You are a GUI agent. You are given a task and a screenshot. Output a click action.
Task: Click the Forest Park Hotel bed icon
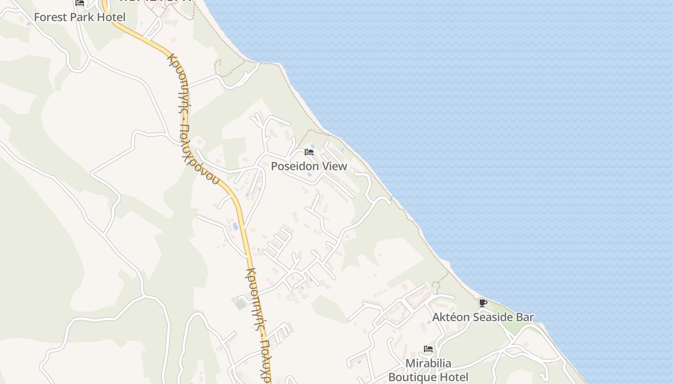(80, 2)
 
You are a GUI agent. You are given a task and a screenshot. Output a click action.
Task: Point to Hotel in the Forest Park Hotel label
(112, 17)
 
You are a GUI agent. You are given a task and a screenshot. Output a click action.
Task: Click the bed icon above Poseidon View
(309, 152)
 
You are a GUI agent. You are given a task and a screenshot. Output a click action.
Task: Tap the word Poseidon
(294, 166)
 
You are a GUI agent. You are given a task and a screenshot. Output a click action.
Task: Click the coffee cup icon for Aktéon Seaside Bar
(483, 303)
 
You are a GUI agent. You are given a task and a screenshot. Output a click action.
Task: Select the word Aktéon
(451, 317)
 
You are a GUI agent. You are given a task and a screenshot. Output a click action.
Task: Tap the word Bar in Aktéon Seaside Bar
(525, 317)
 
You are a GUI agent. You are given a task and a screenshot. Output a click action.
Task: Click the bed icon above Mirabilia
(428, 349)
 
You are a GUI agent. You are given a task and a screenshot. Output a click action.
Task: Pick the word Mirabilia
(428, 363)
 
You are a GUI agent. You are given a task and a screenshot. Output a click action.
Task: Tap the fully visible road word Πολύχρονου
(201, 155)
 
